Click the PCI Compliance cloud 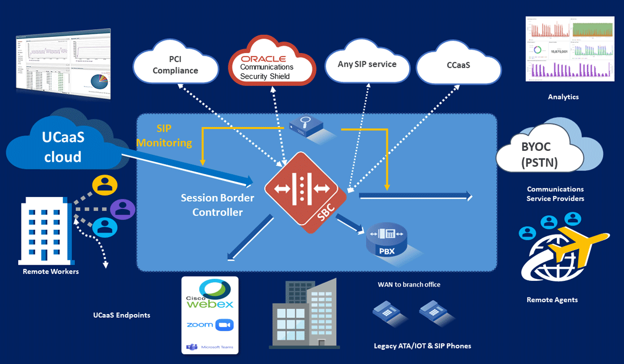pyautogui.click(x=175, y=65)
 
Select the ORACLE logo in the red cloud pyautogui.click(x=263, y=58)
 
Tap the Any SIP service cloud pyautogui.click(x=368, y=64)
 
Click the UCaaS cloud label pyautogui.click(x=62, y=147)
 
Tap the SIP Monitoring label pyautogui.click(x=174, y=136)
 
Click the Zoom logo pyautogui.click(x=210, y=324)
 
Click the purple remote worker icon pyautogui.click(x=123, y=209)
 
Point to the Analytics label pyautogui.click(x=563, y=97)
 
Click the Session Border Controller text pyautogui.click(x=217, y=205)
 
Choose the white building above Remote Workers pyautogui.click(x=45, y=232)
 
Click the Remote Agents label pyautogui.click(x=552, y=300)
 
